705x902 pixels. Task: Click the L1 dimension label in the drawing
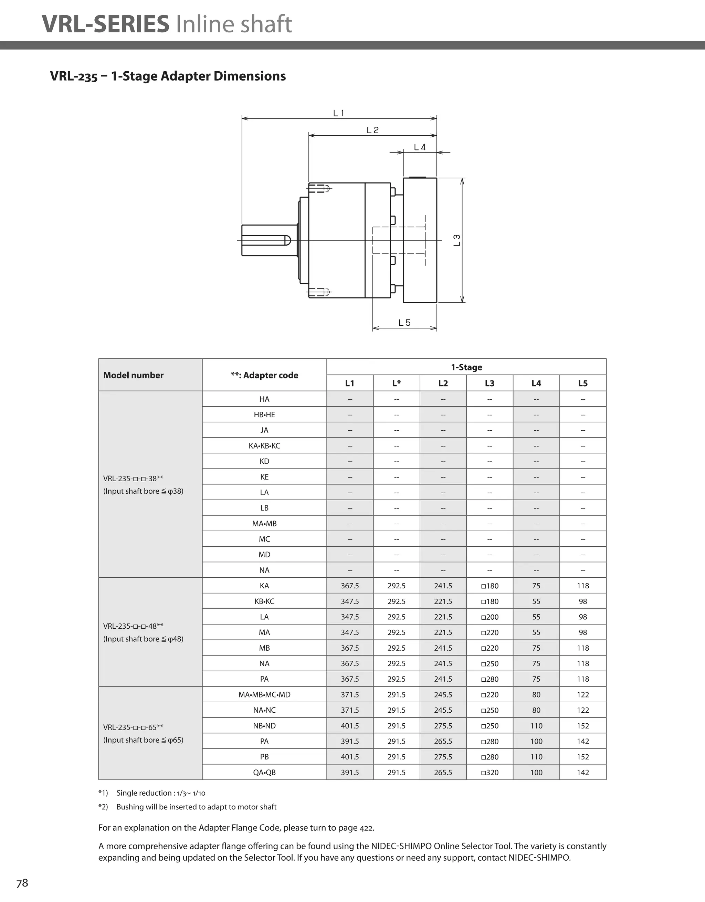[x=339, y=113]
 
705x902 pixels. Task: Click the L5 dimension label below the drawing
[x=404, y=323]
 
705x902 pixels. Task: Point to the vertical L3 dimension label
[x=457, y=240]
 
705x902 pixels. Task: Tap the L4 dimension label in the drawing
[x=420, y=147]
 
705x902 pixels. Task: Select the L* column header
[x=397, y=383]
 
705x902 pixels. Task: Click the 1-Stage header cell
[x=466, y=367]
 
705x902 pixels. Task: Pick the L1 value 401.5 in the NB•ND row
[x=350, y=726]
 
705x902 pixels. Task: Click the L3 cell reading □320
[x=490, y=772]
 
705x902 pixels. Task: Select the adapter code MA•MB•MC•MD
[x=264, y=695]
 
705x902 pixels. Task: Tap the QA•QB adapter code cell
[x=264, y=772]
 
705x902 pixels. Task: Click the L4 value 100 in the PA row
[x=536, y=741]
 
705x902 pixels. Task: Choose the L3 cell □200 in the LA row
[x=490, y=617]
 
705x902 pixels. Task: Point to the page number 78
[x=22, y=883]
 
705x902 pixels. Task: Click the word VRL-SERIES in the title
[x=106, y=24]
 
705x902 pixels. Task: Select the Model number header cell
[x=134, y=375]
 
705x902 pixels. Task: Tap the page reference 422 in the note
[x=366, y=828]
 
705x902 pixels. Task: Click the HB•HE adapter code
[x=264, y=415]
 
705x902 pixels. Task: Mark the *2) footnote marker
[x=103, y=807]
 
